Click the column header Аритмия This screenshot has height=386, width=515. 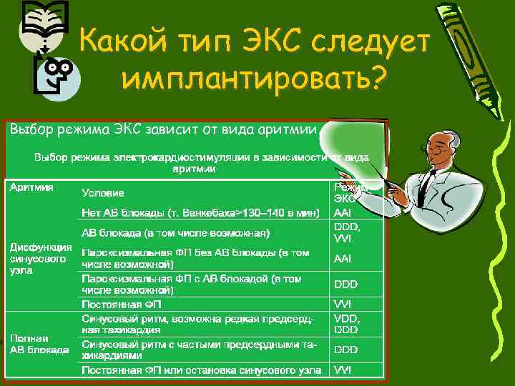31,187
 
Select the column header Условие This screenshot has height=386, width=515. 103,192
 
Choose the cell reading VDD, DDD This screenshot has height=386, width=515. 345,324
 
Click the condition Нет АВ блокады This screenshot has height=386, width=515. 200,212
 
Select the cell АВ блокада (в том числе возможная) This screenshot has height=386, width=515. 175,232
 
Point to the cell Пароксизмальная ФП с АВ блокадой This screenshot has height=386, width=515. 192,284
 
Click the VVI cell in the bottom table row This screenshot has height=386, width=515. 342,370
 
